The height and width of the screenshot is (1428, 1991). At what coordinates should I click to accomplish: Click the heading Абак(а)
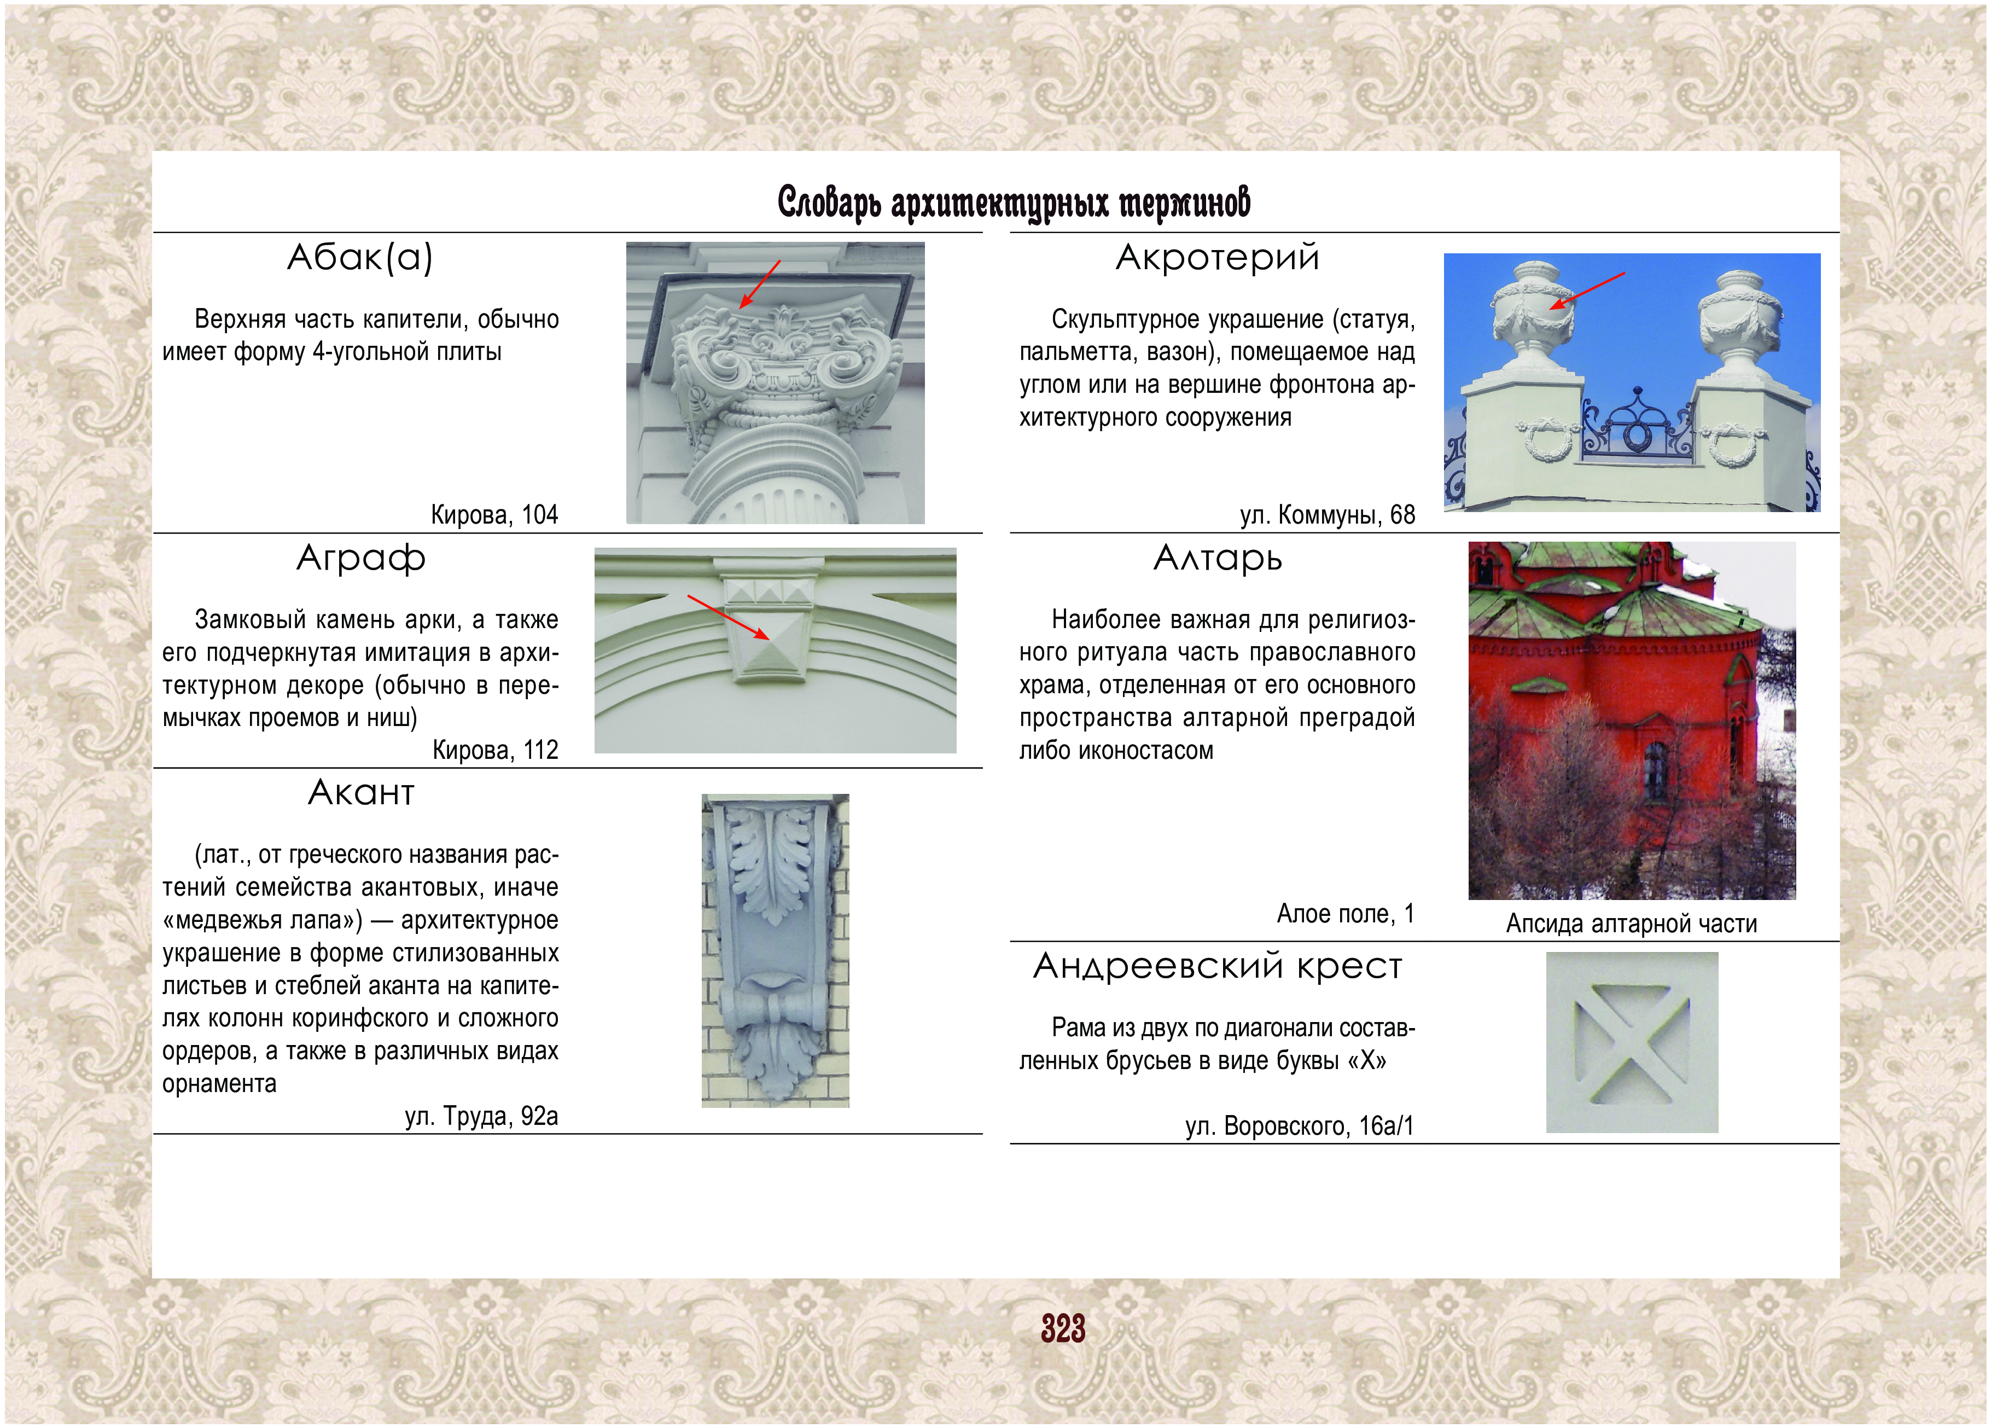pyautogui.click(x=360, y=257)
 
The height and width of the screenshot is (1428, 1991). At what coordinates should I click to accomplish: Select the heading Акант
pyautogui.click(x=361, y=793)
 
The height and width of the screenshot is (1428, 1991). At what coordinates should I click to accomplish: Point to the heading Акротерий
pyautogui.click(x=1218, y=257)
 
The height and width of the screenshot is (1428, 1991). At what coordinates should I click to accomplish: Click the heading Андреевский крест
pyautogui.click(x=1218, y=966)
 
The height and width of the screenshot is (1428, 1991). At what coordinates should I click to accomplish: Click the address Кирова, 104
pyautogui.click(x=494, y=515)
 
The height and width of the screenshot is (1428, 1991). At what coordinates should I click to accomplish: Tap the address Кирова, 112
pyautogui.click(x=495, y=750)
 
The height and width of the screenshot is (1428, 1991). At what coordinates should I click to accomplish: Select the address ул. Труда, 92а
pyautogui.click(x=481, y=1116)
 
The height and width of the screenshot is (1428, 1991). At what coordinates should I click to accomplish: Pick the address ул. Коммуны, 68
pyautogui.click(x=1328, y=515)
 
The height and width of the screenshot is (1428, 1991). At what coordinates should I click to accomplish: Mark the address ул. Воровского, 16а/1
pyautogui.click(x=1299, y=1126)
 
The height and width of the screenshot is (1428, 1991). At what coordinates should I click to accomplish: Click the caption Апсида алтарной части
pyautogui.click(x=1631, y=924)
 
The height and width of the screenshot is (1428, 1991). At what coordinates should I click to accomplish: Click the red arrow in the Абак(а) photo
pyautogui.click(x=759, y=283)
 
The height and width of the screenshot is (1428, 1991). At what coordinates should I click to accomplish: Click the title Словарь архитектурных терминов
pyautogui.click(x=1014, y=202)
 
